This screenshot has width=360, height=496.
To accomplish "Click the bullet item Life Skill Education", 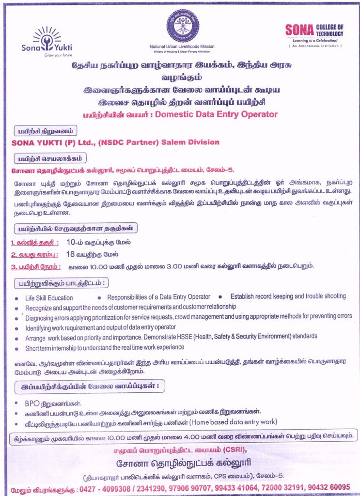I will (49, 297).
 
